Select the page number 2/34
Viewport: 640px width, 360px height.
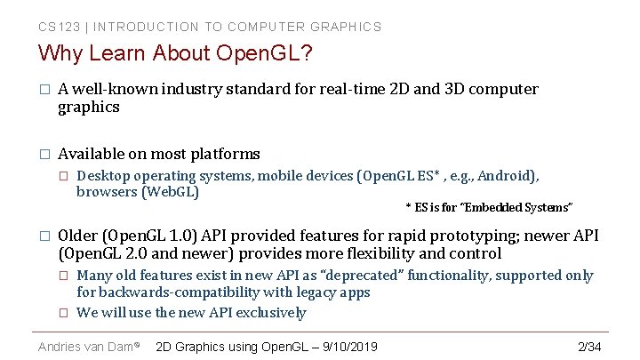click(x=589, y=346)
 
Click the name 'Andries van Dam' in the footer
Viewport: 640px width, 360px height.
click(x=85, y=346)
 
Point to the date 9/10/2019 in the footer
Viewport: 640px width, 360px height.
click(x=348, y=346)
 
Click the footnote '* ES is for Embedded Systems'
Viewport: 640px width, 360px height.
click(x=489, y=207)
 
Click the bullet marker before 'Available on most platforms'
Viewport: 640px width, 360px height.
click(x=43, y=155)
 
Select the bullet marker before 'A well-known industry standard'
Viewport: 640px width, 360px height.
click(x=43, y=90)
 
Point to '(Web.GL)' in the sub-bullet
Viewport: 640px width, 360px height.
click(x=170, y=191)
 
